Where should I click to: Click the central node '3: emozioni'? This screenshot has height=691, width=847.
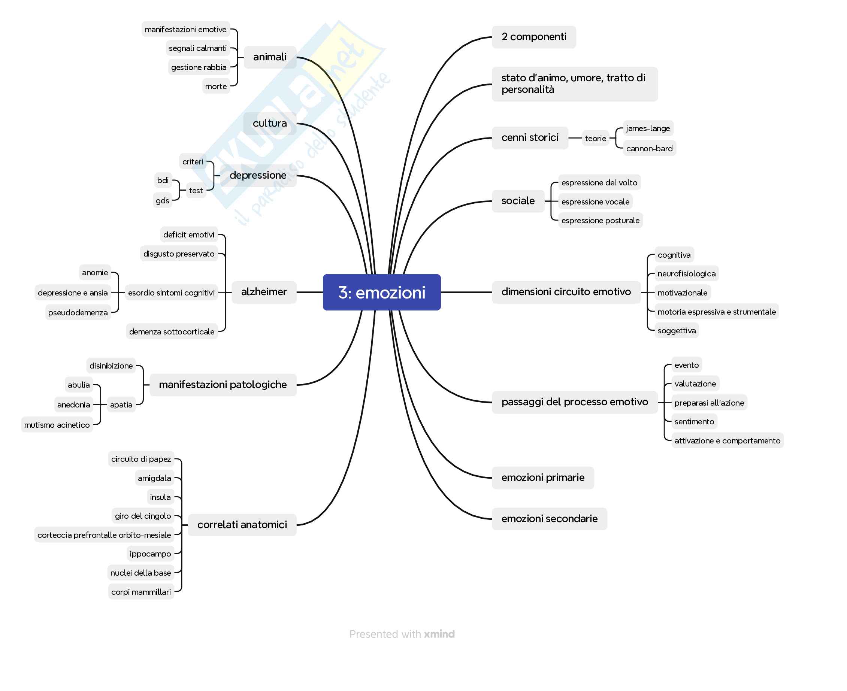(x=381, y=293)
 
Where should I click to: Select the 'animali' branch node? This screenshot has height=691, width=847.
(x=270, y=57)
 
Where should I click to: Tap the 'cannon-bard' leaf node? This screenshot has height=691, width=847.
(x=649, y=148)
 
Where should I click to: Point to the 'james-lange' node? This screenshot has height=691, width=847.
(x=648, y=128)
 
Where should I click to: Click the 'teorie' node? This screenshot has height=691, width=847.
(x=596, y=139)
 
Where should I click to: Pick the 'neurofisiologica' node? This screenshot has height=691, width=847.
(x=686, y=274)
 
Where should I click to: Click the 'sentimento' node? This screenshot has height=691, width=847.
(x=694, y=421)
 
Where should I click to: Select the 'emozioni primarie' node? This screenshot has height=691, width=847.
(x=542, y=478)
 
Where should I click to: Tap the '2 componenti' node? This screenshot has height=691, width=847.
(x=533, y=37)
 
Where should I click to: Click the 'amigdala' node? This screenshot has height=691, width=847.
(x=154, y=478)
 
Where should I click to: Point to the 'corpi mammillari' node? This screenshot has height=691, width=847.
(x=141, y=592)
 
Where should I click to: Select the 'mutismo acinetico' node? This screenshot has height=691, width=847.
(x=57, y=425)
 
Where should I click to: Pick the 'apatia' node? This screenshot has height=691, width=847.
(x=121, y=405)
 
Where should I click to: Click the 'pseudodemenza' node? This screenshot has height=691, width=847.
(x=78, y=313)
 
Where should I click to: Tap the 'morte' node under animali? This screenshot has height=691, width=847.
(x=216, y=87)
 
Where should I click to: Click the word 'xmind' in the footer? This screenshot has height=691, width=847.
(x=439, y=634)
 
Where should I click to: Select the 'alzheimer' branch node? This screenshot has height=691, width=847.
(x=264, y=292)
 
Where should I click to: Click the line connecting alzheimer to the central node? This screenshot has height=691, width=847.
(x=310, y=292)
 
